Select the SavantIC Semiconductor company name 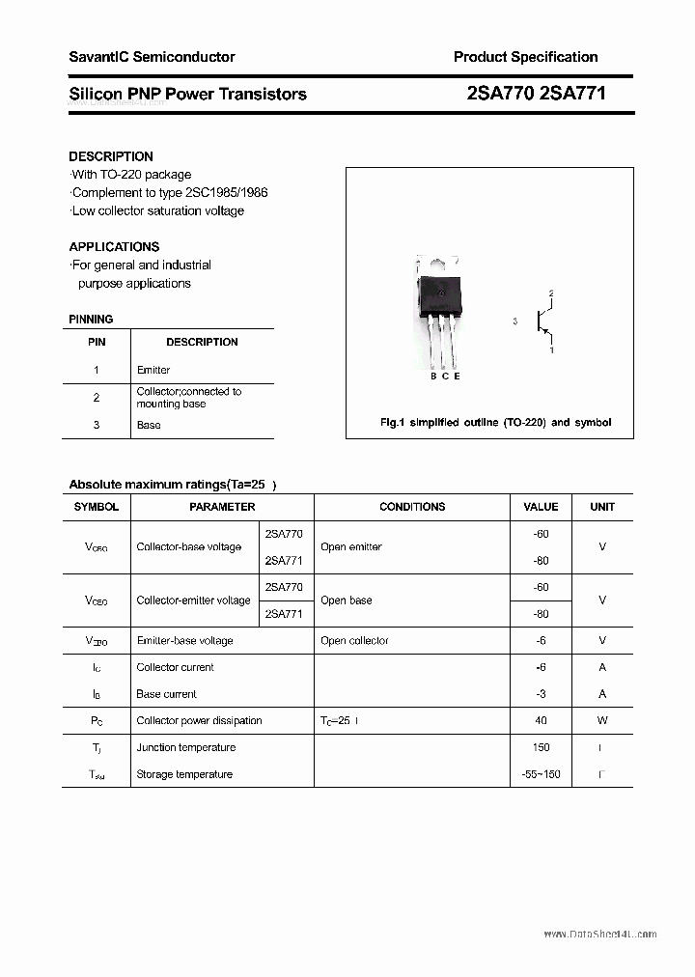pyautogui.click(x=152, y=57)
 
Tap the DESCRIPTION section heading pyautogui.click(x=111, y=156)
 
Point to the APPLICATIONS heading pyautogui.click(x=114, y=246)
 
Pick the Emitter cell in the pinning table pyautogui.click(x=153, y=370)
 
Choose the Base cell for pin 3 pyautogui.click(x=149, y=425)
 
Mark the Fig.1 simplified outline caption pyautogui.click(x=495, y=423)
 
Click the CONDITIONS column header pyautogui.click(x=412, y=507)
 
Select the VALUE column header pyautogui.click(x=541, y=507)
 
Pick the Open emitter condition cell pyautogui.click(x=351, y=547)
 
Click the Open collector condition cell pyautogui.click(x=354, y=641)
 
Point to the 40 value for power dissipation pyautogui.click(x=541, y=721)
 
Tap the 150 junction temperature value pyautogui.click(x=541, y=747)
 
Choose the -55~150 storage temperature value pyautogui.click(x=540, y=774)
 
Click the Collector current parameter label pyautogui.click(x=175, y=667)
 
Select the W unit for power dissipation pyautogui.click(x=602, y=721)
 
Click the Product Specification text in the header pyautogui.click(x=525, y=57)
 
